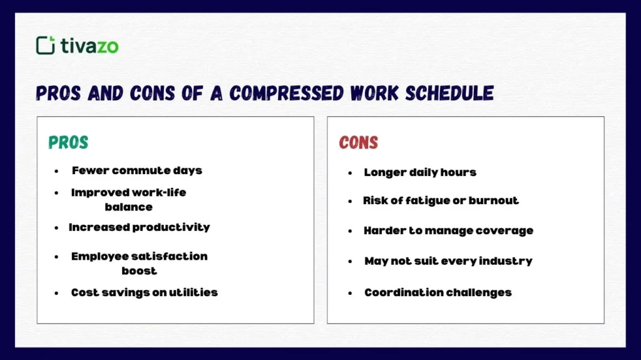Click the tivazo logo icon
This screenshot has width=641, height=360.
coord(46,45)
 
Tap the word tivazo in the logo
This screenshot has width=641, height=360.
coord(90,46)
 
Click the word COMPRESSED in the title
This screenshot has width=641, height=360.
coord(285,93)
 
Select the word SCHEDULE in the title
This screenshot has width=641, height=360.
coord(449,93)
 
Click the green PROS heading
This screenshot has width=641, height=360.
coord(68,143)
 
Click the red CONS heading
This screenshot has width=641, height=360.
coord(359,143)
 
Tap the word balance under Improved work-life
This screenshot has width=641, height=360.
coord(128,207)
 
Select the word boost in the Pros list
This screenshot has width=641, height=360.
coord(139,271)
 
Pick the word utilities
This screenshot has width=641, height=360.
coord(193,292)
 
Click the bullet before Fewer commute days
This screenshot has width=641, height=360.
coord(57,171)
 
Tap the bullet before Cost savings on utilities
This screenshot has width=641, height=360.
coord(57,293)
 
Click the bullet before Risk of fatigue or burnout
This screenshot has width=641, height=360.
coord(351,202)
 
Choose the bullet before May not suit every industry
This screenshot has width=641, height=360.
coord(351,262)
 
